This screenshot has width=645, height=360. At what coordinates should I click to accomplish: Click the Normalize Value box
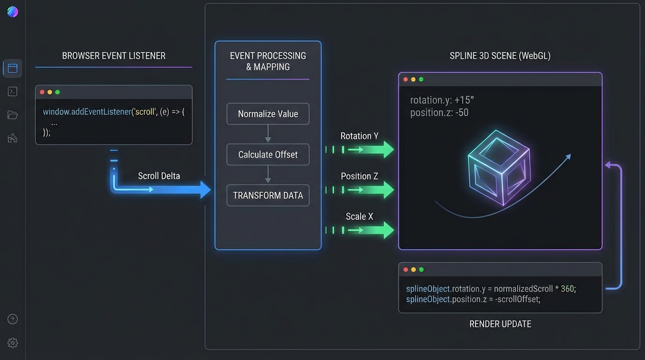click(268, 114)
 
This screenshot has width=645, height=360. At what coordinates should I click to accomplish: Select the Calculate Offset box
click(268, 155)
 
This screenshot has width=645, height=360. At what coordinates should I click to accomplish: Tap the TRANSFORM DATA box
click(268, 195)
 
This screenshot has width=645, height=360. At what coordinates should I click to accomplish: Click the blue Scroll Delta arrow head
click(205, 190)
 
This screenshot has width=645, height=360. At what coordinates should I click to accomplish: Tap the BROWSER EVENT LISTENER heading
click(113, 56)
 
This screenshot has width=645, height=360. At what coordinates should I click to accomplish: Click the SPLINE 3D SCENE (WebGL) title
click(500, 56)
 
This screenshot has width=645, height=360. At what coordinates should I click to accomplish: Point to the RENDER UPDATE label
click(500, 324)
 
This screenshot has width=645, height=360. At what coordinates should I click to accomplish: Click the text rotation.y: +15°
click(442, 100)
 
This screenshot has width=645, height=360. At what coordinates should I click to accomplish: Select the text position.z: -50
click(439, 112)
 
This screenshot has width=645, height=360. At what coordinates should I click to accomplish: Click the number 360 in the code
click(567, 289)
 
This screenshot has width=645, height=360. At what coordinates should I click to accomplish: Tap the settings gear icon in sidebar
click(13, 343)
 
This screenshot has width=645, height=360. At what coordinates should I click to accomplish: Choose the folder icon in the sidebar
click(13, 115)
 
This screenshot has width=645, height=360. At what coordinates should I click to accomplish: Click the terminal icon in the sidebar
click(13, 91)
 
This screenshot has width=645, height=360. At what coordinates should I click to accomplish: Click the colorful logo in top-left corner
click(13, 12)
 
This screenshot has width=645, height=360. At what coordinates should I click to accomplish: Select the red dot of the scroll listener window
click(42, 92)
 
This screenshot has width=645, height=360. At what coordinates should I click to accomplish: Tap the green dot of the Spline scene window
click(421, 80)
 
